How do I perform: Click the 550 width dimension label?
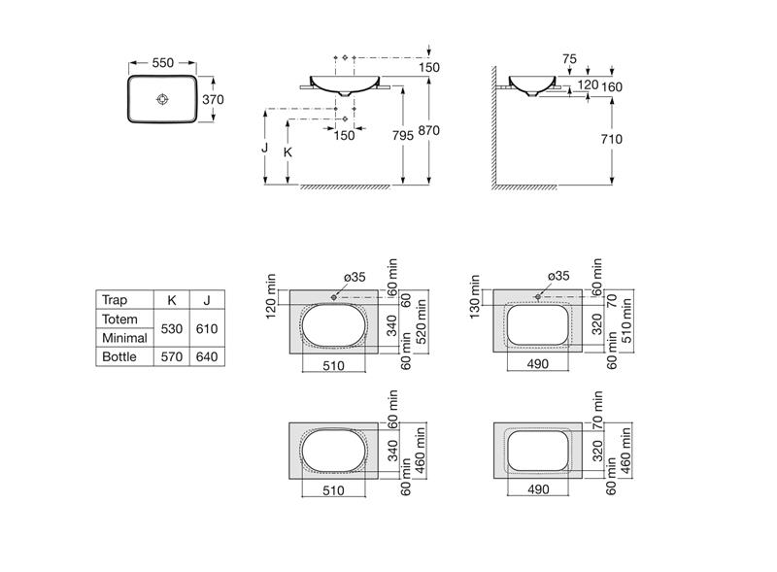tap(162, 63)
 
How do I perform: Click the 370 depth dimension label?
tap(213, 100)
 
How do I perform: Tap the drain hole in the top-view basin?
tap(162, 99)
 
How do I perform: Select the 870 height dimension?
tap(428, 130)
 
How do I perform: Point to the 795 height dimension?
tap(402, 135)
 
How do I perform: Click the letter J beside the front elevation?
tap(264, 148)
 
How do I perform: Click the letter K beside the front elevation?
tap(287, 152)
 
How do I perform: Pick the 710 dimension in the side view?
tap(612, 139)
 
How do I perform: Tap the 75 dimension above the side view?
tap(569, 59)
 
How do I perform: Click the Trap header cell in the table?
tap(115, 300)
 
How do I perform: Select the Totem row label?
tap(119, 319)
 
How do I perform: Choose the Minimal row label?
tap(124, 338)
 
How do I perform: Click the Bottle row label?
tap(118, 356)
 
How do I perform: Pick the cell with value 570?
tap(172, 356)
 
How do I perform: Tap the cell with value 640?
tap(207, 356)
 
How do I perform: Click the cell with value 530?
tap(172, 328)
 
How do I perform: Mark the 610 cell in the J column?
tap(207, 328)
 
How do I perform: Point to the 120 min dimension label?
tap(271, 296)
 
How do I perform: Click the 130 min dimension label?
tap(474, 296)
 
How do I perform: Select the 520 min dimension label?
tap(422, 321)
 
